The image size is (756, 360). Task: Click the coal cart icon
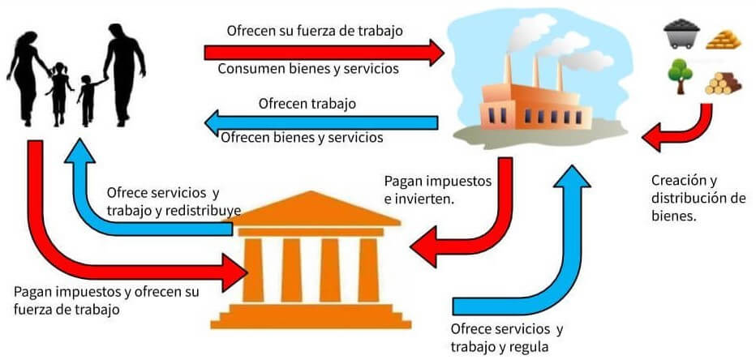coord(681,36)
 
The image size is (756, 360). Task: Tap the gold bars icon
coord(724,38)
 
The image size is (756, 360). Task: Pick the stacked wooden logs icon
coord(723,83)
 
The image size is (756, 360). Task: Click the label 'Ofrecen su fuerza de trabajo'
coord(316,32)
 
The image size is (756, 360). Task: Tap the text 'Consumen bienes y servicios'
coord(308,69)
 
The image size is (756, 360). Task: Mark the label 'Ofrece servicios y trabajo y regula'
coord(506,338)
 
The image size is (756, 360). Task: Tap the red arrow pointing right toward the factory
coord(324,51)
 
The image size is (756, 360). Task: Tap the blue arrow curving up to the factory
coord(568,243)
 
